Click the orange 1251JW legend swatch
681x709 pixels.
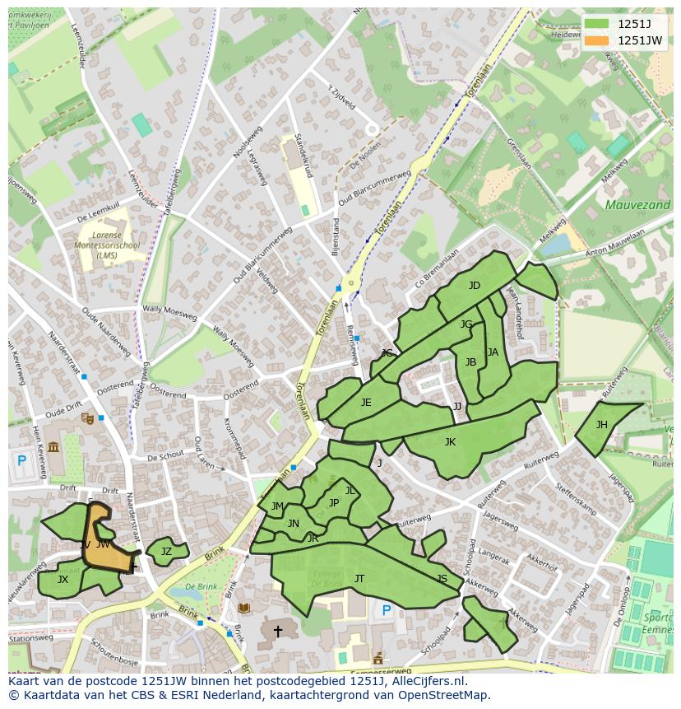(598, 40)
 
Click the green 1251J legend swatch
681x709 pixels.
(598, 24)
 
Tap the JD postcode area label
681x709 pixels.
(474, 286)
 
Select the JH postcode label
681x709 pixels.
(602, 425)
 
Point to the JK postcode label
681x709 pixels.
(450, 442)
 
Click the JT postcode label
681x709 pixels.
(359, 579)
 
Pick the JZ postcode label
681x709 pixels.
(166, 552)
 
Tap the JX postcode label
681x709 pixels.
(63, 580)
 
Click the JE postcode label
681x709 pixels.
(366, 403)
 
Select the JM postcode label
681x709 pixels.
(277, 506)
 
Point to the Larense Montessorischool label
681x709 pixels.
(107, 245)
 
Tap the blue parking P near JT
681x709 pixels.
(387, 611)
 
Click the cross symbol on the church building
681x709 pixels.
(278, 632)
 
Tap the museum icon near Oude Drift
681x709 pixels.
(53, 447)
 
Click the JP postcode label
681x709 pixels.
(334, 503)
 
